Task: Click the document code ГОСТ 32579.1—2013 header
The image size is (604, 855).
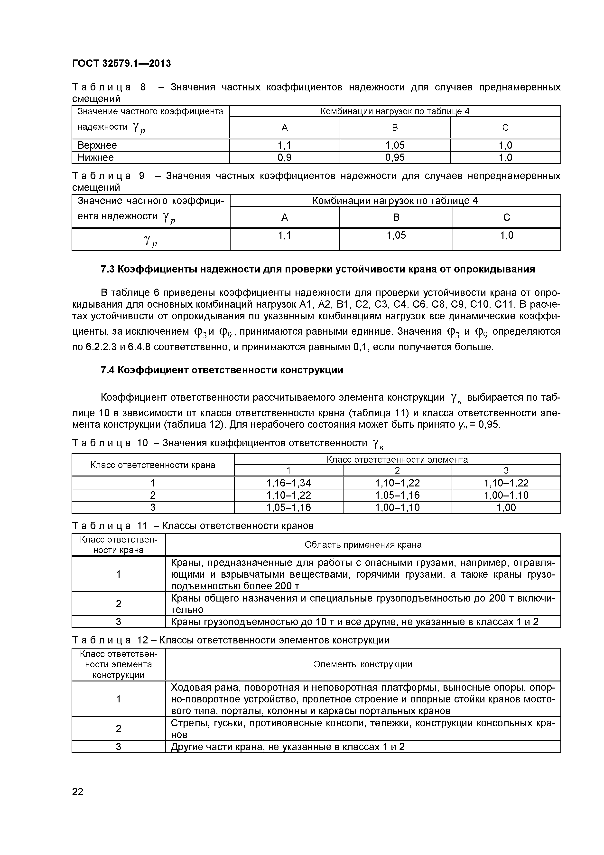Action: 121,63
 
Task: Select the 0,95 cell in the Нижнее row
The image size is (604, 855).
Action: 395,157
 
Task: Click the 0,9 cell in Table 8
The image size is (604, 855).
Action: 285,157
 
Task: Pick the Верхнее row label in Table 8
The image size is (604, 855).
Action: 97,145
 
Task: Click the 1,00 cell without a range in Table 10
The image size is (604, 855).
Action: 506,507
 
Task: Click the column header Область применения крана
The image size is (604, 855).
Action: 363,545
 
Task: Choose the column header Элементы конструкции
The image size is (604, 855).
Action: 363,664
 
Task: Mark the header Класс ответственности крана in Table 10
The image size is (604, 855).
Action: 153,465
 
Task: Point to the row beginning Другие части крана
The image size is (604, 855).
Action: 288,747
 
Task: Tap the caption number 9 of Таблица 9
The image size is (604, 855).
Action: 141,175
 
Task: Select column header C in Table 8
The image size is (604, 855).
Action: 505,128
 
